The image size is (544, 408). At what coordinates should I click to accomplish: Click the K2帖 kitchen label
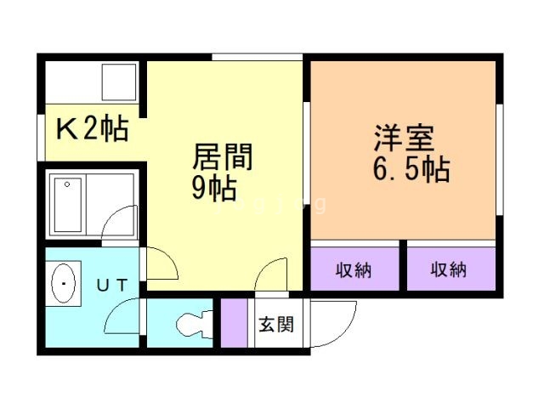pyautogui.click(x=92, y=130)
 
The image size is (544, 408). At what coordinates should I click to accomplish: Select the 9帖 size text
pyautogui.click(x=212, y=189)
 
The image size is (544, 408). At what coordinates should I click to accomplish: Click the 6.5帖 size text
pyautogui.click(x=411, y=170)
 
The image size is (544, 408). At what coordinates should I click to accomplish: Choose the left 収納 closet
pyautogui.click(x=354, y=271)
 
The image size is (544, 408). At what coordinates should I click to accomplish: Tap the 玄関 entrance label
pyautogui.click(x=276, y=324)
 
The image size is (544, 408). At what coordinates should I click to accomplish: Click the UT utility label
pyautogui.click(x=111, y=286)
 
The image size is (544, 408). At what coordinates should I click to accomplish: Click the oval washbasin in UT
pyautogui.click(x=63, y=283)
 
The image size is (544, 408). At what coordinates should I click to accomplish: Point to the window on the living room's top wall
pyautogui.click(x=258, y=58)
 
